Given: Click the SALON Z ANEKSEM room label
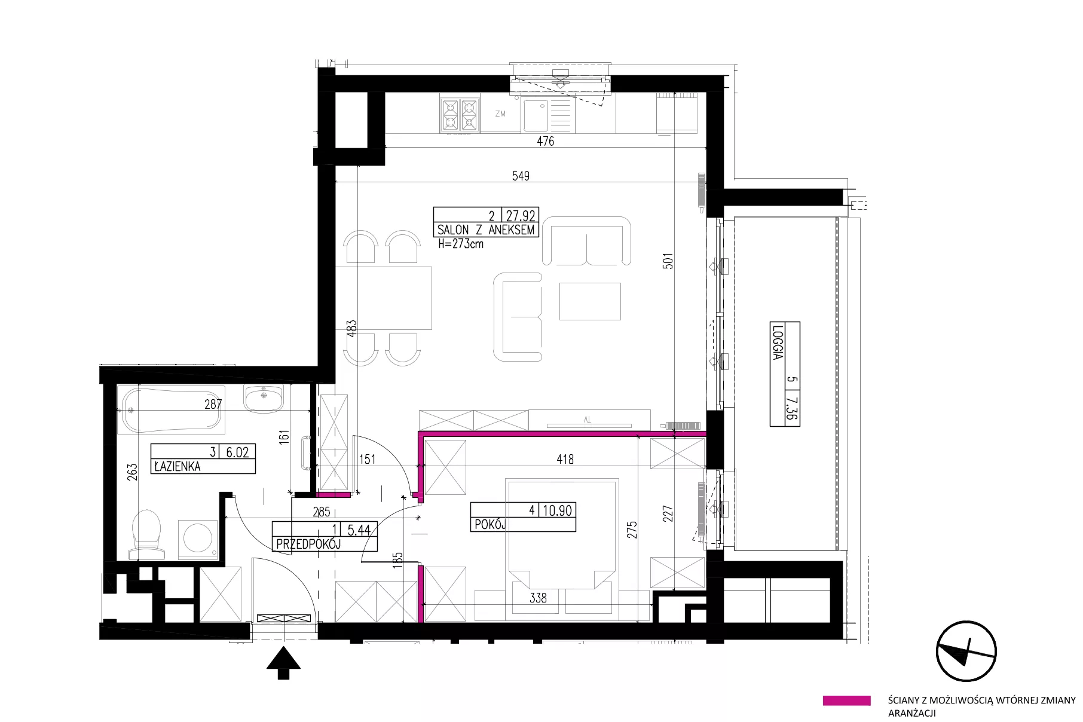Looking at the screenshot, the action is pos(486,230).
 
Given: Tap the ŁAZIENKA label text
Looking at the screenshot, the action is pos(178,467).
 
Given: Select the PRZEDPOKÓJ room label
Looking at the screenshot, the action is pos(308,544).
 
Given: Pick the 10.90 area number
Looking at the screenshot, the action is pos(558,510).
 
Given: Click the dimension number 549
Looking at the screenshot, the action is pos(521,176).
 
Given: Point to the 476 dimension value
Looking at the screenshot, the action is pos(545,141).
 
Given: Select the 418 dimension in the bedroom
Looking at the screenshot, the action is pos(565,459).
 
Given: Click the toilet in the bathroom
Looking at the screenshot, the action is pos(147,534).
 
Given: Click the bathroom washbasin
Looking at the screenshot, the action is pos(263,399).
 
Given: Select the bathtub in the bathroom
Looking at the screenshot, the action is pos(172,411).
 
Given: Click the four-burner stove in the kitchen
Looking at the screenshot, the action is pos(460,115).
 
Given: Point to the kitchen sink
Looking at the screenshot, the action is pos(536,115).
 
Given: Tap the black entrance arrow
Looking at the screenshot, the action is pos(283,663).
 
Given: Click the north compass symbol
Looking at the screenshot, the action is pos(966,651).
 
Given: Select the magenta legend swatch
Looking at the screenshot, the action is pos(846,700).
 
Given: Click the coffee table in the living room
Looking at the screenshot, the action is pos(590,302).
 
